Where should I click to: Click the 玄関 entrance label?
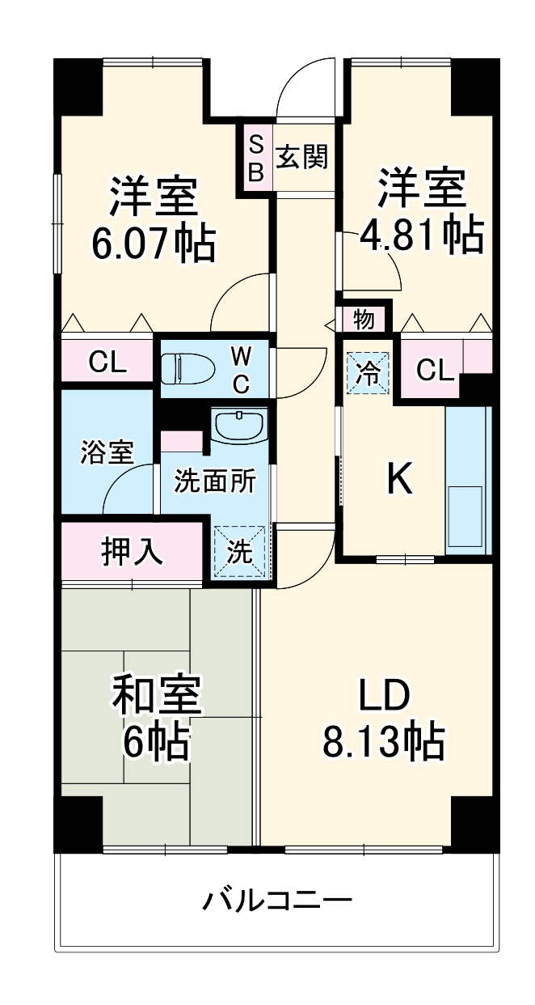coord(302,157)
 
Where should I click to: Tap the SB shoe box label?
coord(255,158)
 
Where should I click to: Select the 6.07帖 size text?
coord(154,242)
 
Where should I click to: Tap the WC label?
coord(241,369)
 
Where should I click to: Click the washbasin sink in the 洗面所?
coord(239,425)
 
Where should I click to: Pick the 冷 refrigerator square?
coord(368,373)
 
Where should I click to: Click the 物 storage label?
coord(364,320)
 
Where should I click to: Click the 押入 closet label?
coord(133,553)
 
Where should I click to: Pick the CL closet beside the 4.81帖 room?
coord(436,370)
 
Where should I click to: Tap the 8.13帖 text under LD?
coord(384,740)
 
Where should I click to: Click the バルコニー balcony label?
coord(276,900)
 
